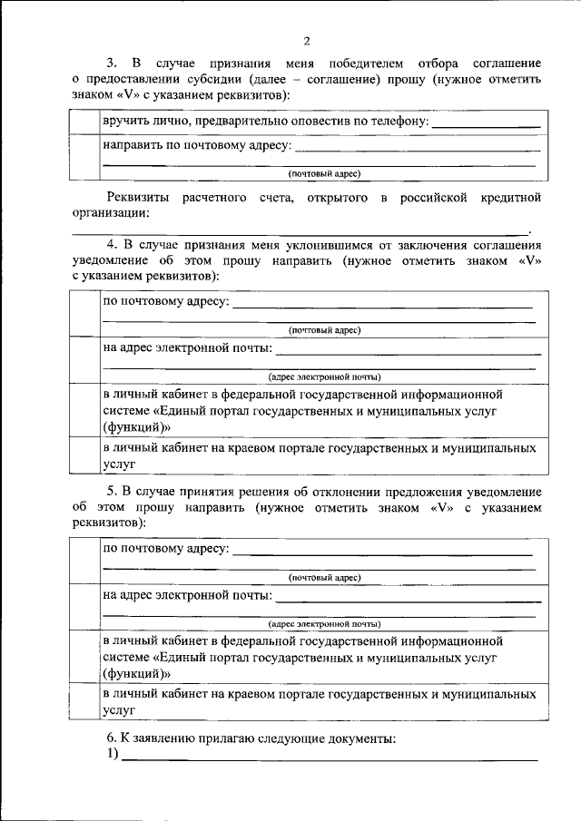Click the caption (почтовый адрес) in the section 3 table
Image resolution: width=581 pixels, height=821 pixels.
pyautogui.click(x=324, y=172)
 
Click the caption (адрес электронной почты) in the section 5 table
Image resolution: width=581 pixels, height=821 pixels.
pyautogui.click(x=324, y=624)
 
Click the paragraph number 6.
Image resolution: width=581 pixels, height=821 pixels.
pyautogui.click(x=112, y=739)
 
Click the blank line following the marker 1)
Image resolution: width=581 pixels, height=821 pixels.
pyautogui.click(x=327, y=760)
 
